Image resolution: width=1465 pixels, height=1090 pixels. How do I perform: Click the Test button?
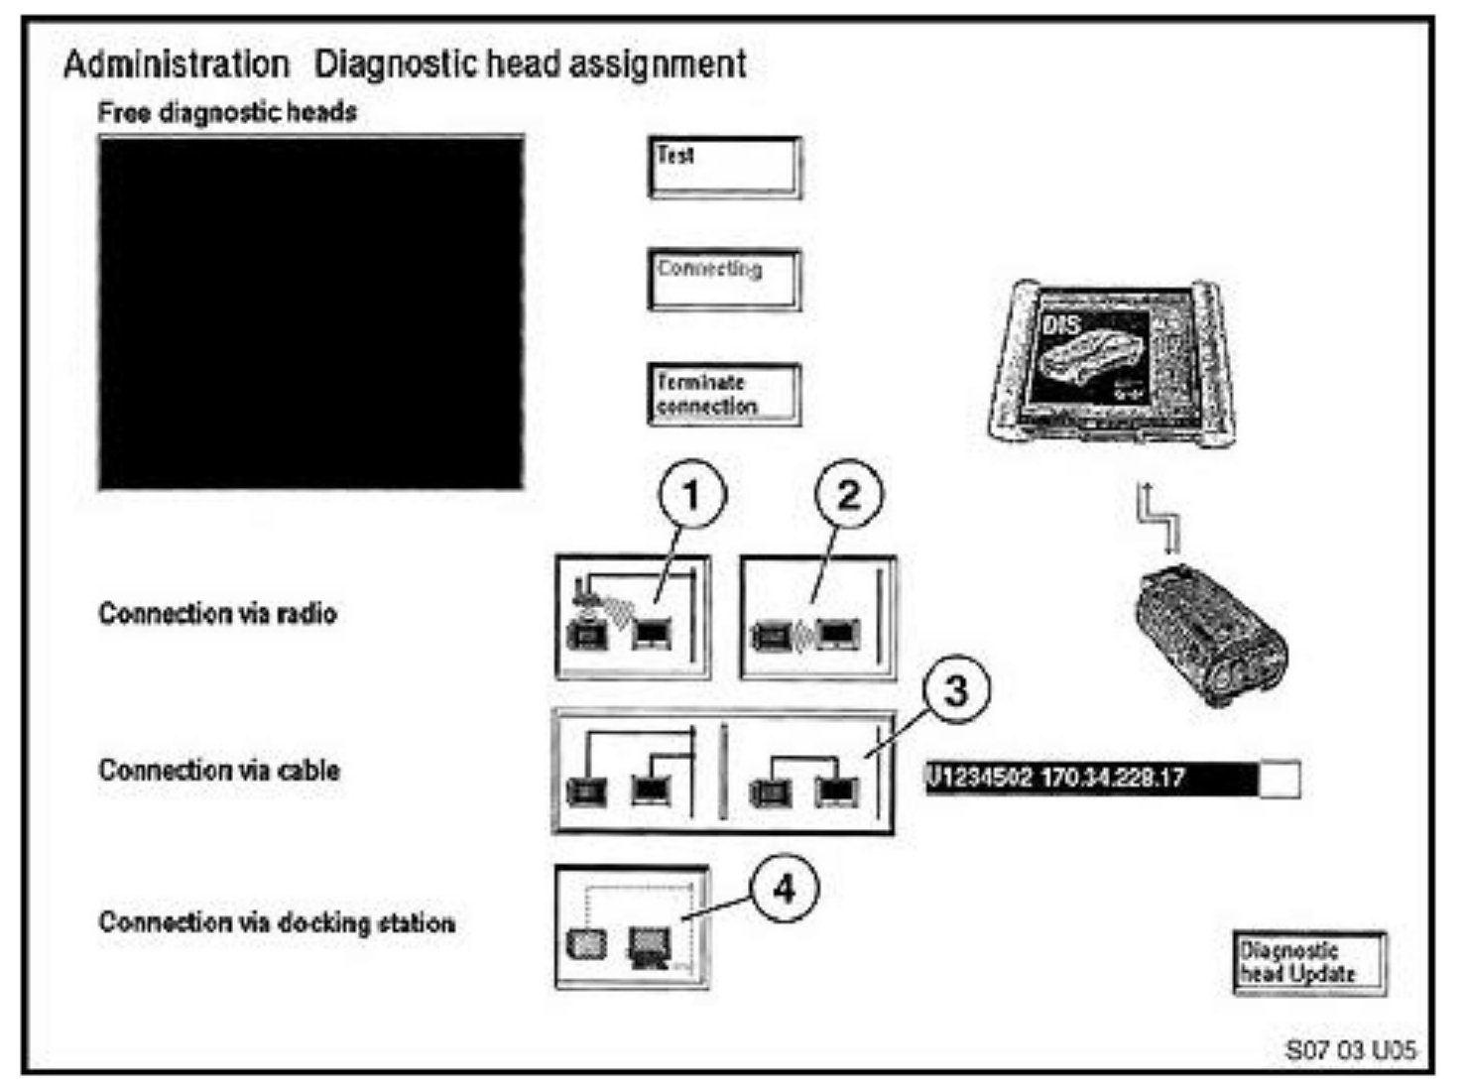tap(724, 168)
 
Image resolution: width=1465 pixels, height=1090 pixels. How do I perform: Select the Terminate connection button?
tap(724, 395)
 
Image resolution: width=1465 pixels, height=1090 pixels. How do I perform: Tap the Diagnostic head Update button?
tap(1309, 962)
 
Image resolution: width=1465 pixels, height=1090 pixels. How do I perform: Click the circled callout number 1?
tap(691, 494)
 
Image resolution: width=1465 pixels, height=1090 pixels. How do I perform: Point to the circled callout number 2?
tap(849, 494)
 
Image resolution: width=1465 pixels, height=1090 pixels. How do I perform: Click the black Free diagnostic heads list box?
tap(311, 312)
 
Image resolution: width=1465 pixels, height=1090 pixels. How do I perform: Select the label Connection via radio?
tap(217, 614)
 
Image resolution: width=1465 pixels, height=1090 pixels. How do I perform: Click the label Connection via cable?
tap(219, 771)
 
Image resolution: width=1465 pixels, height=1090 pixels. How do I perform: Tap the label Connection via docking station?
tap(277, 922)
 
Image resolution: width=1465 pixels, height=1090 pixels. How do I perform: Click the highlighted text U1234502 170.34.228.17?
tap(1090, 778)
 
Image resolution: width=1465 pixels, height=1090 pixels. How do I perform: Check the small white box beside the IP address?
tap(1280, 779)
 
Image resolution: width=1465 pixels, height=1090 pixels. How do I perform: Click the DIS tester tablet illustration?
tap(1111, 365)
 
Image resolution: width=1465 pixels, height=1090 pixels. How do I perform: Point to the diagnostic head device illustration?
tap(1211, 635)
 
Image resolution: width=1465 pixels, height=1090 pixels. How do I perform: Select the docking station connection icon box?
tap(632, 928)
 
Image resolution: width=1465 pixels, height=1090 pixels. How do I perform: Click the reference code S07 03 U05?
tap(1350, 1049)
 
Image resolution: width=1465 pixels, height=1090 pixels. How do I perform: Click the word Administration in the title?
tap(176, 64)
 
